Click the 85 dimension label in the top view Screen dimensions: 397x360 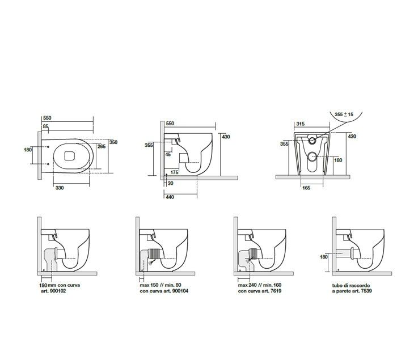pyautogui.click(x=45, y=126)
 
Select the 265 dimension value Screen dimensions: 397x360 pyautogui.click(x=102, y=146)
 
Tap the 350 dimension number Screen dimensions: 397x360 pyautogui.click(x=113, y=142)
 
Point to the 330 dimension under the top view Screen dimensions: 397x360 pyautogui.click(x=60, y=188)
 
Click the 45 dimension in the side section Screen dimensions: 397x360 pyautogui.click(x=168, y=154)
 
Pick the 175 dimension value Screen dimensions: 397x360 pyautogui.click(x=175, y=172)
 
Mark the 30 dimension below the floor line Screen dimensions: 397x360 pyautogui.click(x=170, y=183)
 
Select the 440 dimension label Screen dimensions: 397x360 pyautogui.click(x=170, y=197)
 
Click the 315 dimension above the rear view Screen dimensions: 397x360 pyautogui.click(x=300, y=124)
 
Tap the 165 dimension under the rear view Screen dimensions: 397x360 pyautogui.click(x=306, y=188)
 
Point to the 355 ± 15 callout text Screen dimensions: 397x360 pyautogui.click(x=344, y=114)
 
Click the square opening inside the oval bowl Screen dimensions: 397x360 pyautogui.click(x=69, y=156)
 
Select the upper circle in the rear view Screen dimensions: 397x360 pyautogui.click(x=312, y=140)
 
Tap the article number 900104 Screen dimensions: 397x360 pyautogui.click(x=180, y=291)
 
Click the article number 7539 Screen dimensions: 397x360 pyautogui.click(x=366, y=291)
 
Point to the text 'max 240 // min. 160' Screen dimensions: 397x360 pyautogui.click(x=260, y=285)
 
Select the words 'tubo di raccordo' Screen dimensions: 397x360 pyautogui.click(x=351, y=285)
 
